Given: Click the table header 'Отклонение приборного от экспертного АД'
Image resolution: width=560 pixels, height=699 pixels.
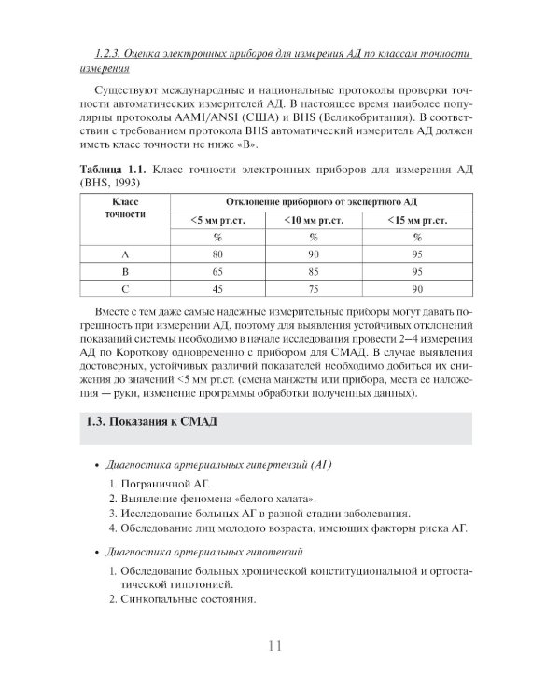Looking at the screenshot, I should pos(315,201).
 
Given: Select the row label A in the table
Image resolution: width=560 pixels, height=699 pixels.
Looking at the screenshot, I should pos(126,254).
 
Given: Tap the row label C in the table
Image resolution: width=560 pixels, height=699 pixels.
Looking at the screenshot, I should pos(126,289).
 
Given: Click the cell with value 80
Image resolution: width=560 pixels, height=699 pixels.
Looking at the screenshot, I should pos(217,254).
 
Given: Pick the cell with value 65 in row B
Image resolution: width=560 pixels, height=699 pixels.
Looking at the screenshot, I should pos(217,271).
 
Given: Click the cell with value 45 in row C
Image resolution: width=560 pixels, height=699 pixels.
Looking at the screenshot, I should pos(217,289).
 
